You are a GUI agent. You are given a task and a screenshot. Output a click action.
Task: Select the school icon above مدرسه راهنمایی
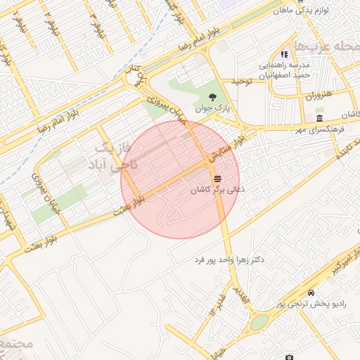(284, 53)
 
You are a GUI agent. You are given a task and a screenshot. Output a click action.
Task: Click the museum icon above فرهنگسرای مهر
(320, 117)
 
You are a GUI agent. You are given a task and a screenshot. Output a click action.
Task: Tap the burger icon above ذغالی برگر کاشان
(216, 177)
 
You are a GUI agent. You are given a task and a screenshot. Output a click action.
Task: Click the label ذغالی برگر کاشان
(218, 190)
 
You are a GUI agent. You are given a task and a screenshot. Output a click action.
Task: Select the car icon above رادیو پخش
(311, 292)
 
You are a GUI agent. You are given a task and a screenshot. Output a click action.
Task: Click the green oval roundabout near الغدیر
(259, 322)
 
